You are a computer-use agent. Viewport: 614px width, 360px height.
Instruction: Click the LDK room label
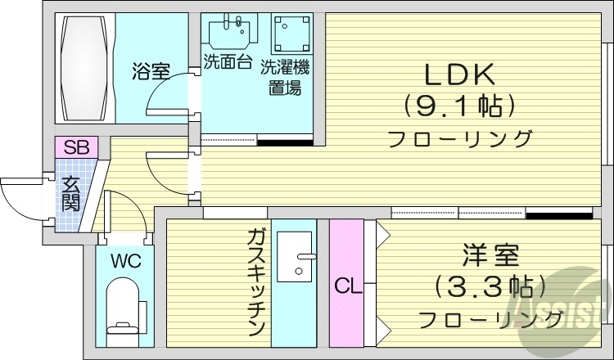point(458,75)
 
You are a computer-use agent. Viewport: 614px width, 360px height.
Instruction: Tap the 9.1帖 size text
point(458,106)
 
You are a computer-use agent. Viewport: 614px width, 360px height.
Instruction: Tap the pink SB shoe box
point(76,147)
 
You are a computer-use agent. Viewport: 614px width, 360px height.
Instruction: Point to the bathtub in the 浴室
point(84,68)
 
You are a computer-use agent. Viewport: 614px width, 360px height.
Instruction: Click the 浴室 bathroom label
point(151,72)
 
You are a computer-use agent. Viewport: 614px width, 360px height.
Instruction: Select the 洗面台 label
point(227,62)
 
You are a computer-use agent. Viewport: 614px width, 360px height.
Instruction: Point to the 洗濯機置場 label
point(284,76)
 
